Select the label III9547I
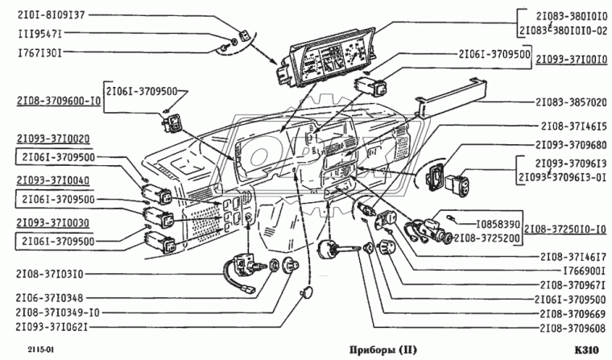pyautogui.click(x=39, y=34)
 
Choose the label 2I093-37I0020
pyautogui.click(x=52, y=139)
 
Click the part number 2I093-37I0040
pyautogui.click(x=52, y=180)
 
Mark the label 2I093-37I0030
pyautogui.click(x=52, y=223)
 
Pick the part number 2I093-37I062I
pyautogui.click(x=51, y=327)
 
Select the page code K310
pyautogui.click(x=585, y=350)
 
